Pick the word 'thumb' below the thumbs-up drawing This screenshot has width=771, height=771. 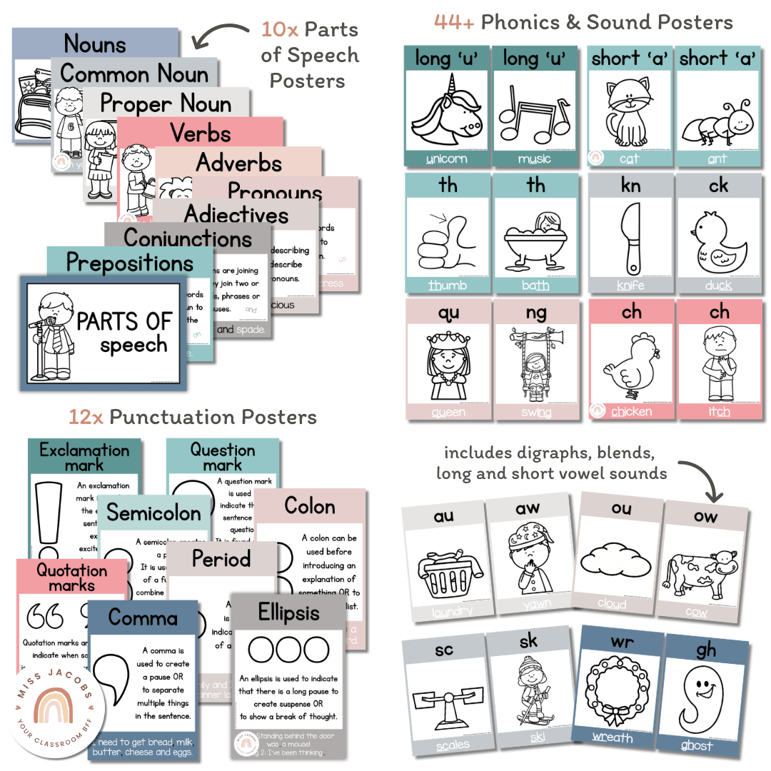[448, 286]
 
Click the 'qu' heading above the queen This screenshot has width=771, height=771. [448, 313]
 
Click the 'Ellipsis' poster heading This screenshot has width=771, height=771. [289, 613]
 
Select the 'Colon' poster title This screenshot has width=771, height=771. [310, 507]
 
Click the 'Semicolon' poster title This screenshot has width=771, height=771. [154, 513]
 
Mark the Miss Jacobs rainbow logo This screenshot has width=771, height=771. [59, 711]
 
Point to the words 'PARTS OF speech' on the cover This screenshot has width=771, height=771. [126, 333]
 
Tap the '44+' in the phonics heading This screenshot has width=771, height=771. [454, 22]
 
